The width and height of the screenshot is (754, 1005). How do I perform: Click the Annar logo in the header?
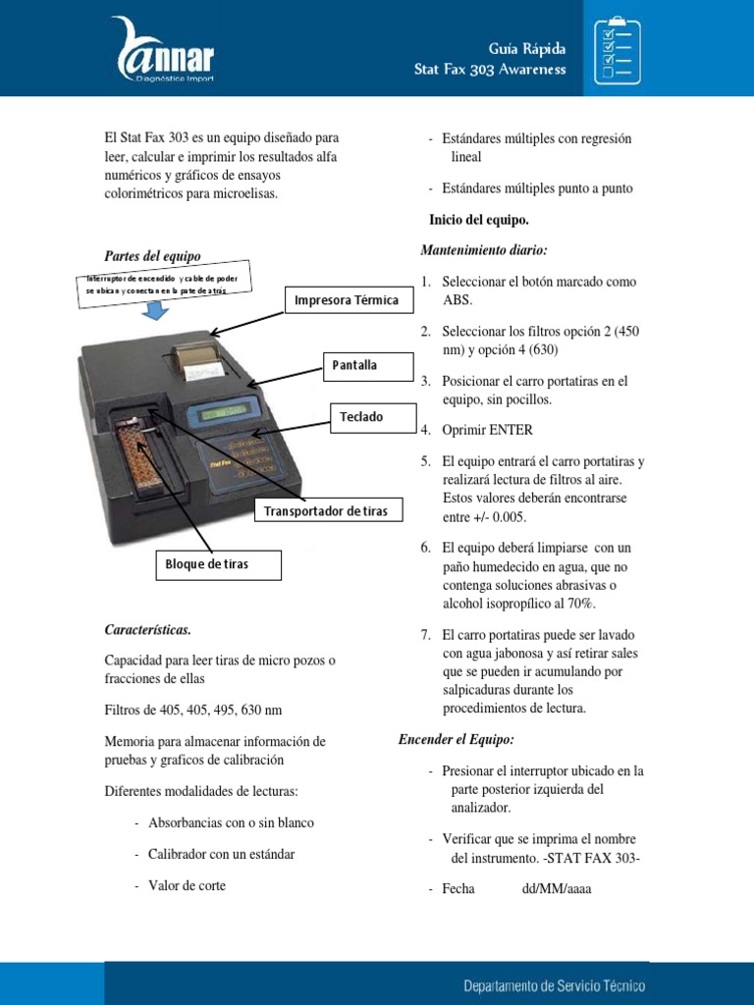(x=164, y=49)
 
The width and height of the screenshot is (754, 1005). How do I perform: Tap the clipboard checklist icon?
(x=621, y=48)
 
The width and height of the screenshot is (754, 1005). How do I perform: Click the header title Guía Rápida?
(x=527, y=49)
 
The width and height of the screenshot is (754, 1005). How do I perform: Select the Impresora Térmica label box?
(x=347, y=300)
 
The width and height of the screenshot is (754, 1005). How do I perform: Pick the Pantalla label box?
(x=354, y=366)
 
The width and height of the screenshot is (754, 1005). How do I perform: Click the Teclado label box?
(x=361, y=417)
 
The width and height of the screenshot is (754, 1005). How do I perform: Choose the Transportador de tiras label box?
(x=325, y=511)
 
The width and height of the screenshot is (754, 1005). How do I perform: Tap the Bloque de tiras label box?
(x=206, y=564)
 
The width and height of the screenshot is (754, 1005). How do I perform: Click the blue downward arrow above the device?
(x=153, y=311)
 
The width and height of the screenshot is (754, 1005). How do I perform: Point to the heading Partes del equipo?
(x=152, y=256)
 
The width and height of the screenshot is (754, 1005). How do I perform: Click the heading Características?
(x=147, y=629)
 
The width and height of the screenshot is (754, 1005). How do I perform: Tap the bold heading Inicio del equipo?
(x=479, y=220)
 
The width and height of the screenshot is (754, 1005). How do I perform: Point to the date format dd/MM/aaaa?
(x=557, y=889)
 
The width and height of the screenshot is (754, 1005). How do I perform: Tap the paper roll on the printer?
(x=196, y=355)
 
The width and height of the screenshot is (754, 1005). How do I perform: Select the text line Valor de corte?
(x=187, y=885)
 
